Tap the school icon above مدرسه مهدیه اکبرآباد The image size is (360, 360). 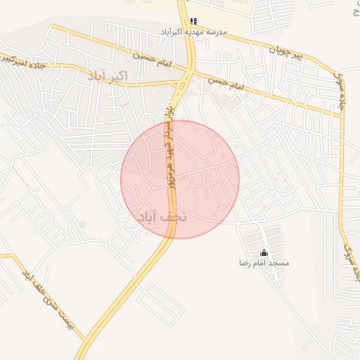coord(194,21)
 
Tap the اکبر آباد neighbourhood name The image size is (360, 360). coord(109,75)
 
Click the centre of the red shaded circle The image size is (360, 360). coord(180,179)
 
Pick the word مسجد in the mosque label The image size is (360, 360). coord(278,263)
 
